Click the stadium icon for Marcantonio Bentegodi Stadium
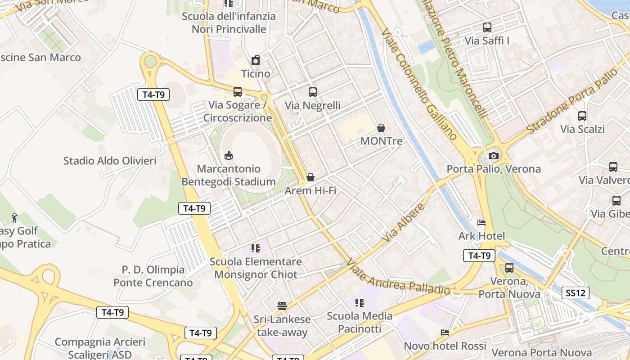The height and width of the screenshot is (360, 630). pyautogui.click(x=229, y=156)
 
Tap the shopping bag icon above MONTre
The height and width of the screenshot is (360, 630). pyautogui.click(x=381, y=128)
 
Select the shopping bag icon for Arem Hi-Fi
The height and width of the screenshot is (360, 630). pyautogui.click(x=310, y=177)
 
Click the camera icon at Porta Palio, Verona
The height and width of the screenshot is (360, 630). pyautogui.click(x=494, y=156)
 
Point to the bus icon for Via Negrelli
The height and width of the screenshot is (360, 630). pyautogui.click(x=312, y=92)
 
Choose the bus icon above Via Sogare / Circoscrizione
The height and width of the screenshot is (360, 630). pyautogui.click(x=237, y=92)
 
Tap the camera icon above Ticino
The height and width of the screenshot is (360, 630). pyautogui.click(x=256, y=60)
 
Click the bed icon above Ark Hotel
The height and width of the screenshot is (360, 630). pyautogui.click(x=481, y=223)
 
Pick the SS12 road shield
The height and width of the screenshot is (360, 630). pyautogui.click(x=576, y=293)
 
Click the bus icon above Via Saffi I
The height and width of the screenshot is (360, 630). pyautogui.click(x=487, y=27)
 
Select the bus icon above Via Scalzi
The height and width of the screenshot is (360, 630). pyautogui.click(x=582, y=116)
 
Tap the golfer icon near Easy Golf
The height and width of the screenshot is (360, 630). pyautogui.click(x=14, y=218)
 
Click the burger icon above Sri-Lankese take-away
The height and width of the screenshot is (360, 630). pyautogui.click(x=282, y=306)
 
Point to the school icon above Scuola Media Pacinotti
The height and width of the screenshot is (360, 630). pyautogui.click(x=359, y=302)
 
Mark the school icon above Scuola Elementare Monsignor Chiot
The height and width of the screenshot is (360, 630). pyautogui.click(x=256, y=248)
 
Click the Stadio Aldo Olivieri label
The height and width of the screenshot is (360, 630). pyautogui.click(x=110, y=161)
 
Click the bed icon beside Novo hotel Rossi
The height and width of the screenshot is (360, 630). pyautogui.click(x=445, y=333)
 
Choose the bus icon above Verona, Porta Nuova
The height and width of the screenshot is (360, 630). pyautogui.click(x=509, y=268)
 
